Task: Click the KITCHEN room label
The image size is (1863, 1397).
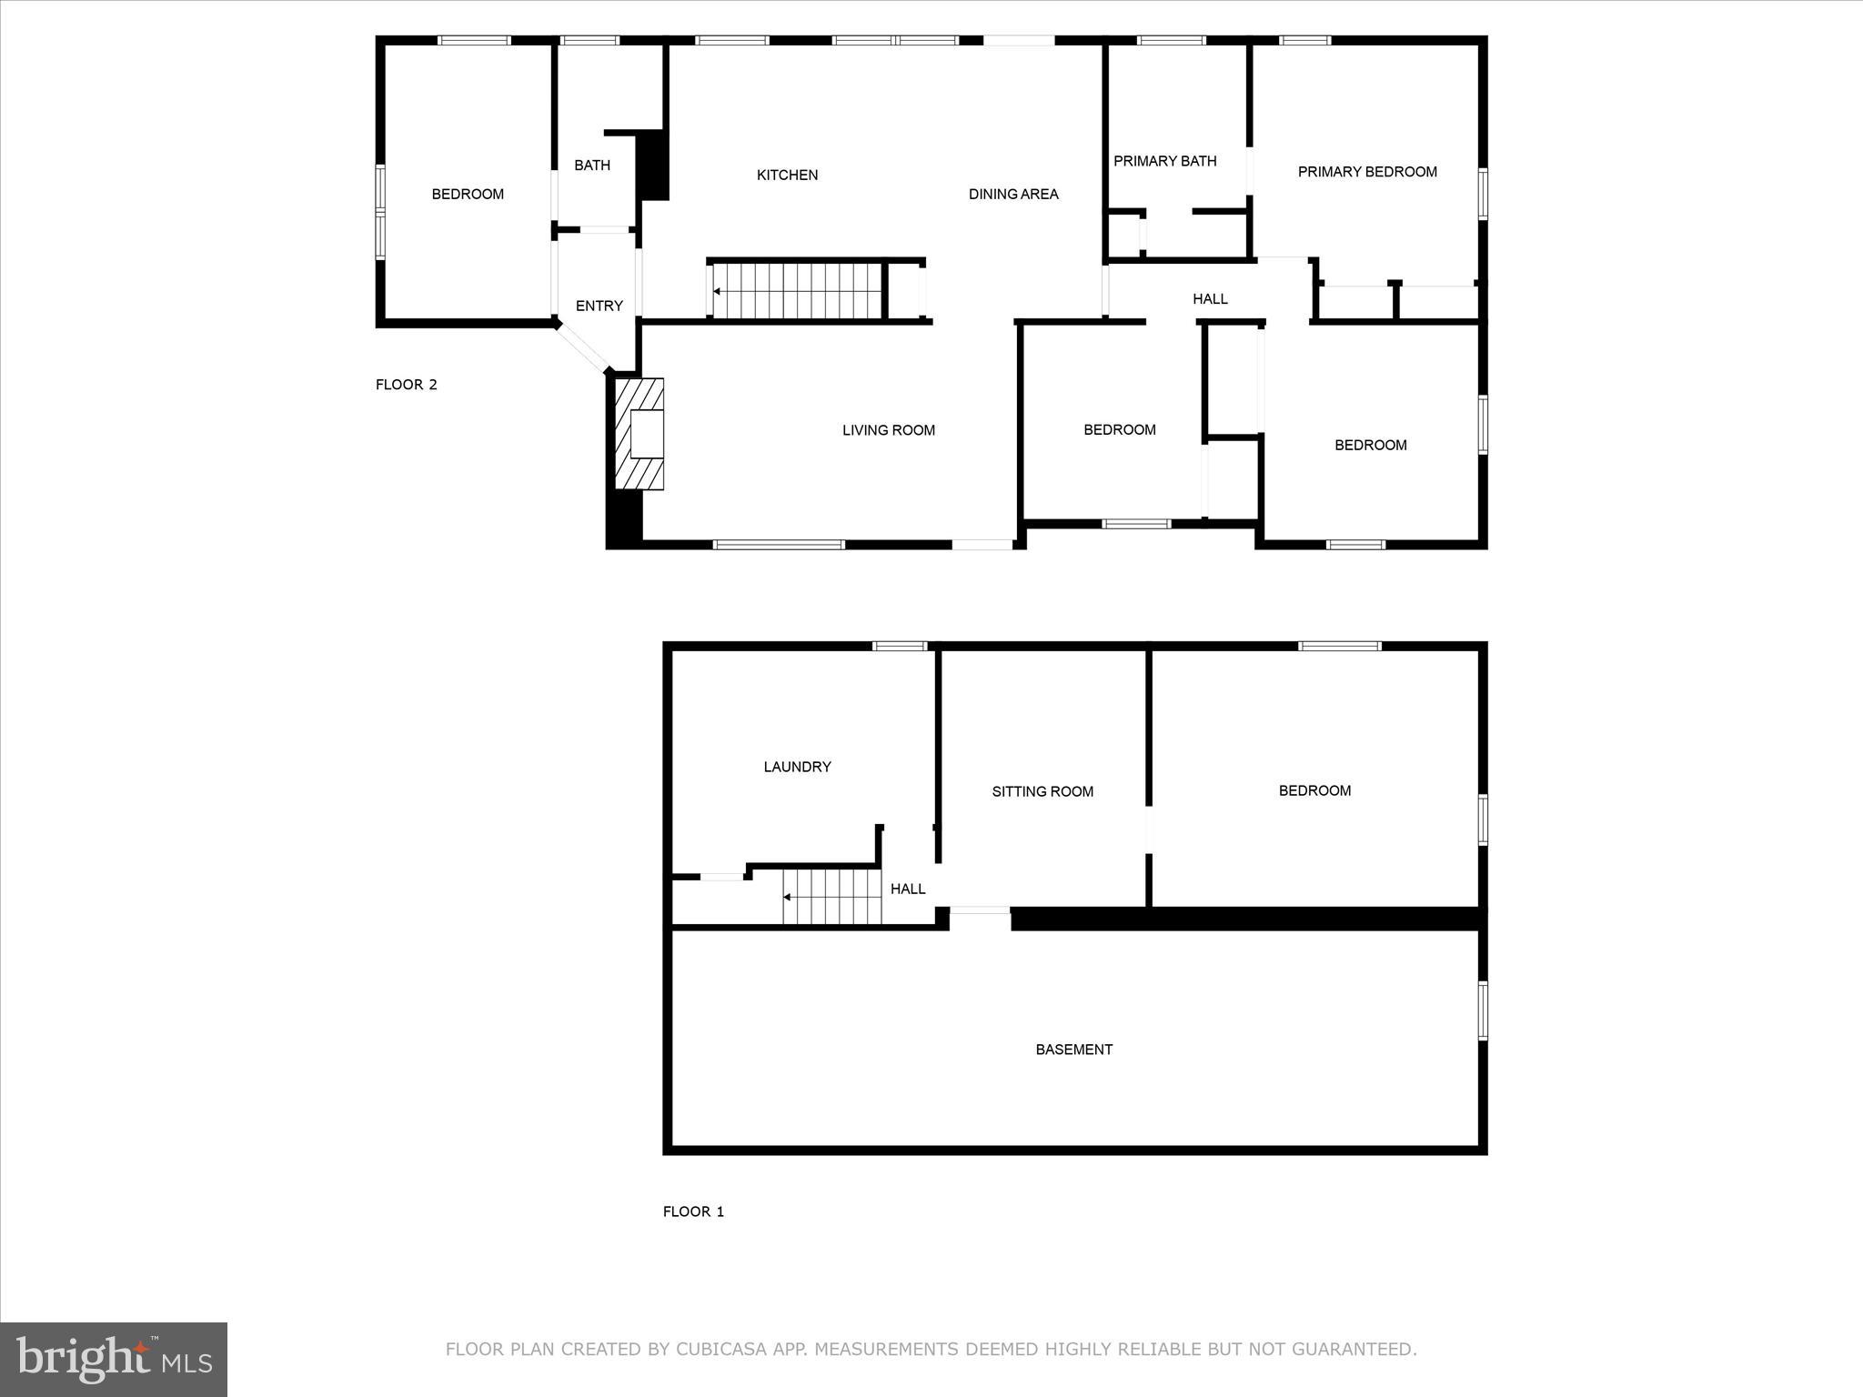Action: (787, 175)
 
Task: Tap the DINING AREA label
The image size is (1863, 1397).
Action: (1012, 194)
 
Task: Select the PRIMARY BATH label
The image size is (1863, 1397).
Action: (1164, 161)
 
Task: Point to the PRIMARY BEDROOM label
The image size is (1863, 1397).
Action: (1366, 172)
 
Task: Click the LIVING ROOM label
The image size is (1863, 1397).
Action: (888, 430)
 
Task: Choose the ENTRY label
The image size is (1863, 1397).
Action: (599, 306)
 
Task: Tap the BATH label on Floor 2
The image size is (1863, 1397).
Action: (591, 166)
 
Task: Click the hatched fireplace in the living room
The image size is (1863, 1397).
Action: (640, 434)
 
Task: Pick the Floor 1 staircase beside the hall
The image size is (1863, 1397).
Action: (832, 897)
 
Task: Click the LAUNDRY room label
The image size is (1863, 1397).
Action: (797, 767)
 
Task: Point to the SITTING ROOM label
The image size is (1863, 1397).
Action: (1042, 791)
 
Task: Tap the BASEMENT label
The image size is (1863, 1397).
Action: (1073, 1050)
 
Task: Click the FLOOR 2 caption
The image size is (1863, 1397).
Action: (406, 385)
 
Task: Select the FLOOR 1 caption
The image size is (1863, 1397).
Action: (693, 1211)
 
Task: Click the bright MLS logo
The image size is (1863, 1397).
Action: (114, 1359)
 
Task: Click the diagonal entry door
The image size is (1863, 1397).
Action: (583, 347)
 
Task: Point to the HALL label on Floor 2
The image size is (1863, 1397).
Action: (1210, 298)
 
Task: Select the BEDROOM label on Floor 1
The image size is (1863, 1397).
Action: (1314, 790)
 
